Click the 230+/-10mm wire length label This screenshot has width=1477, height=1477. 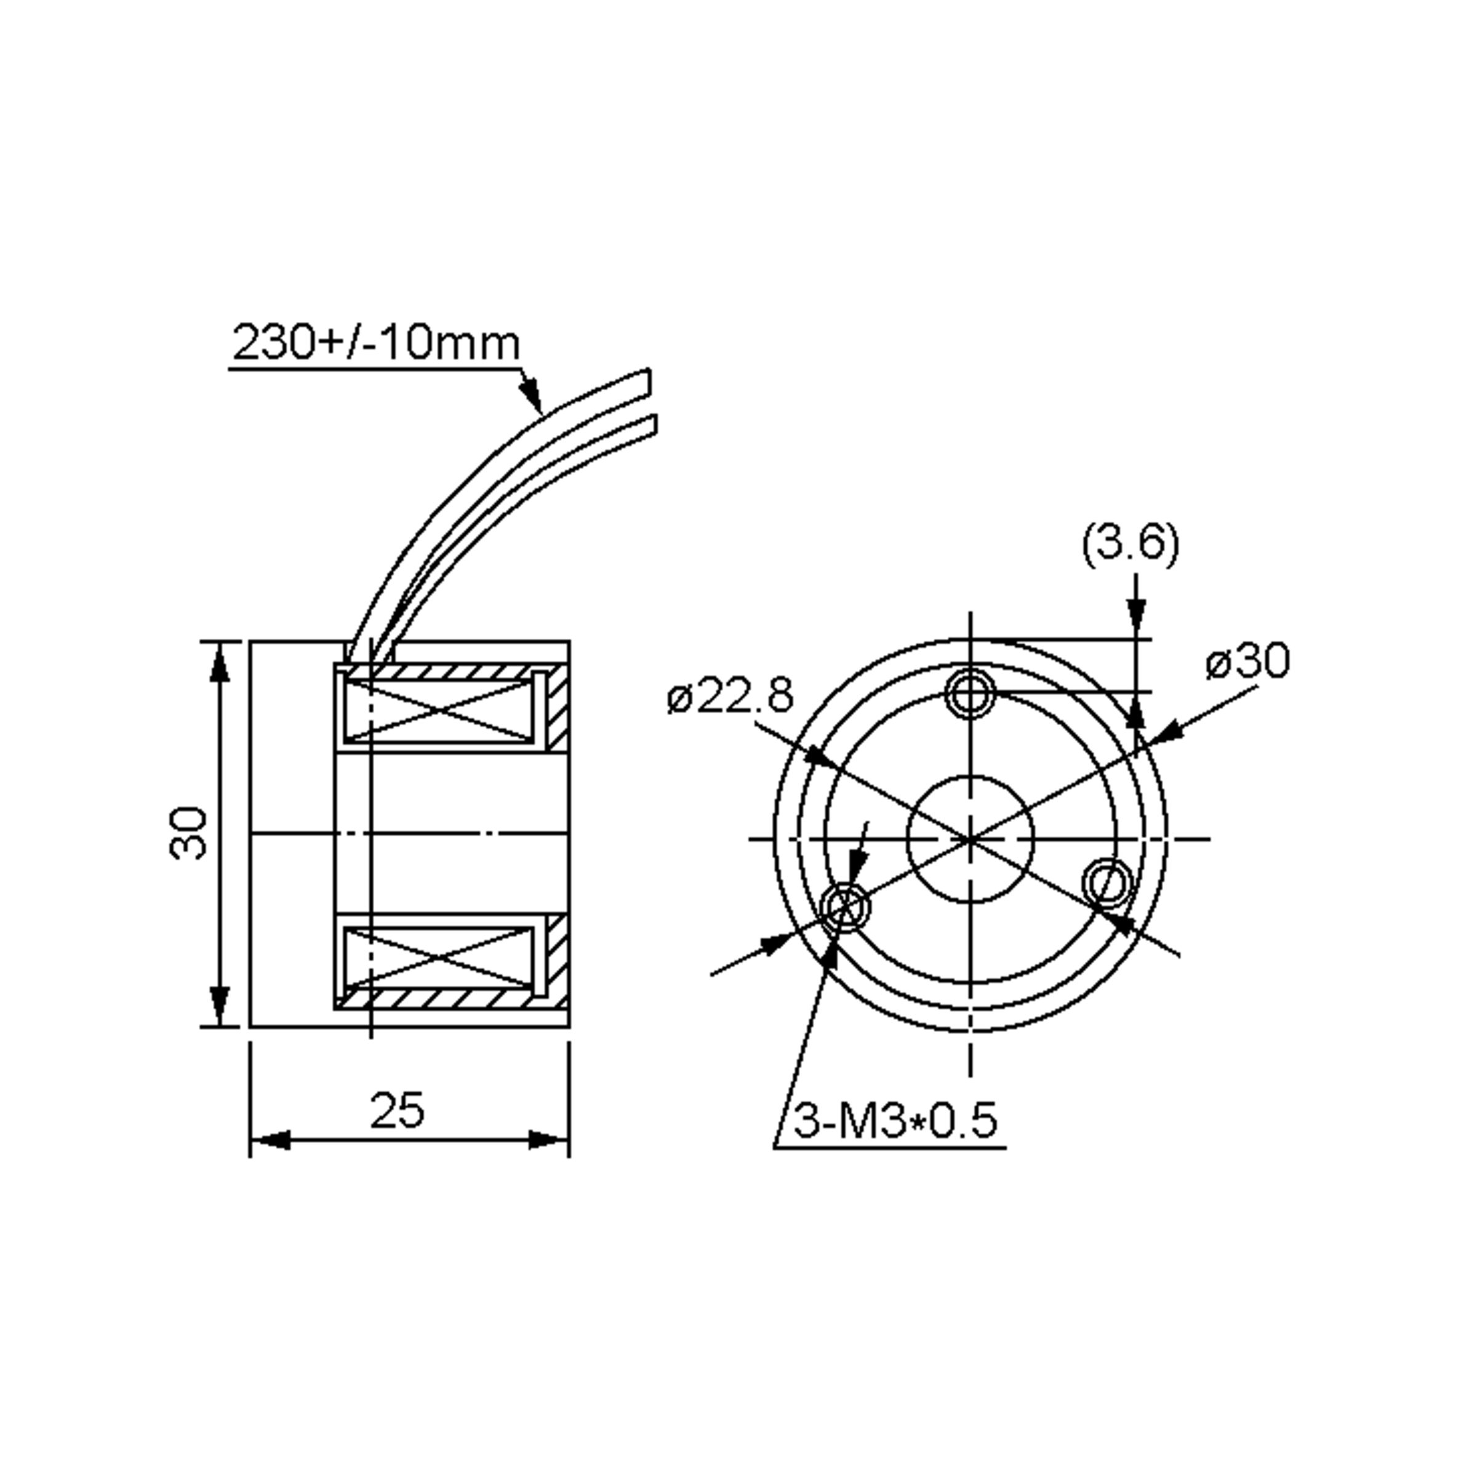click(376, 343)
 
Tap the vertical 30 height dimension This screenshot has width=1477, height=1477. click(188, 833)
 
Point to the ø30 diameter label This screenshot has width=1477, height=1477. click(1247, 662)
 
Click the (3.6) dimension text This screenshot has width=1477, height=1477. click(1130, 543)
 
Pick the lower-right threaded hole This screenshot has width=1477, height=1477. click(1108, 884)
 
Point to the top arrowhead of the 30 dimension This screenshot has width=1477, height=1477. click(220, 663)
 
